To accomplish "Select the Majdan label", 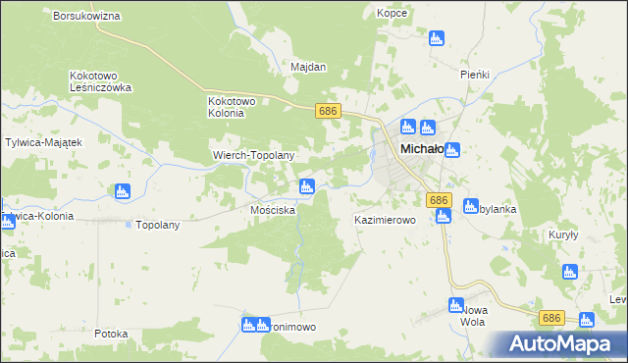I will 308,68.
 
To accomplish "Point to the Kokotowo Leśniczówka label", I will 101,81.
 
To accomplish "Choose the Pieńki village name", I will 475,75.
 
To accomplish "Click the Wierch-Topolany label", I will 254,155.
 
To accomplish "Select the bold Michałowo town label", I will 425,149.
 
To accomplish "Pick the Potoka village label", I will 112,334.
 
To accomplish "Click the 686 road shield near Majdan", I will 328,112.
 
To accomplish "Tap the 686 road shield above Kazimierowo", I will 439,199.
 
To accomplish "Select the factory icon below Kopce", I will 437,39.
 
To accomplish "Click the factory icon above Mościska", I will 307,185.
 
